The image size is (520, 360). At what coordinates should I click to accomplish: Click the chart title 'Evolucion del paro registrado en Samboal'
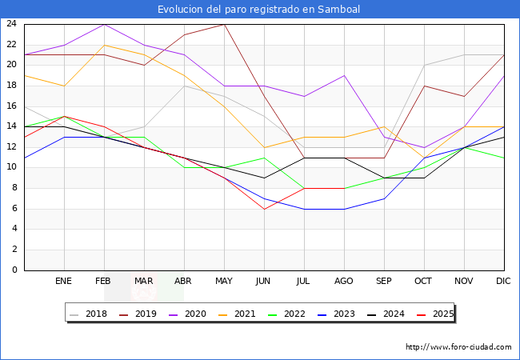click(259, 10)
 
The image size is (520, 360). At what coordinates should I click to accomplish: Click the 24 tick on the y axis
click(12, 24)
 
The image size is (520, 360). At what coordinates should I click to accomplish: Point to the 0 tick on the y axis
click(14, 270)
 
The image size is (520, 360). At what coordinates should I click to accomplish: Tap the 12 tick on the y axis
click(12, 147)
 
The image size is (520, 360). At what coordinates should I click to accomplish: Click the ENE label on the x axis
click(64, 282)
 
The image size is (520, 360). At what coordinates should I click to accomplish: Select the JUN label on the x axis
click(264, 282)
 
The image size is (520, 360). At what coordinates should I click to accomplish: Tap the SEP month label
click(384, 282)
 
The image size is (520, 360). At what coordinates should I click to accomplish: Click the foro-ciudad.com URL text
click(458, 347)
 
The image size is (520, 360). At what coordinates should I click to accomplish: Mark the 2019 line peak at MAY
click(224, 24)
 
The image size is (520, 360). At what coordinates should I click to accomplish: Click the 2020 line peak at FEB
click(104, 24)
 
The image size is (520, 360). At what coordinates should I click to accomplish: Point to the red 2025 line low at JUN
click(264, 209)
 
